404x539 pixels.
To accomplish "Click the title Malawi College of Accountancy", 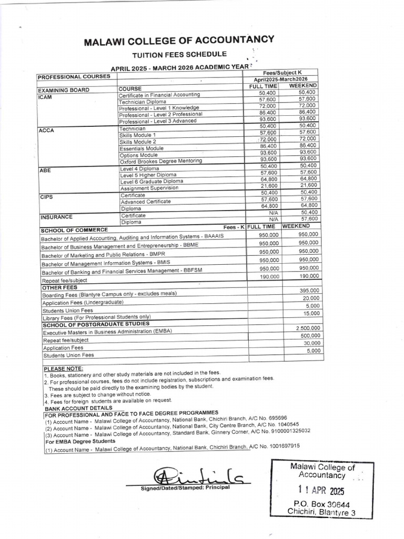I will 179,41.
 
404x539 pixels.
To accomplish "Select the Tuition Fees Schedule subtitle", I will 179,55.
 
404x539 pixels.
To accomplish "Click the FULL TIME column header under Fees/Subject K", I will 262,86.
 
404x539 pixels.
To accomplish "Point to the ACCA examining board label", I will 47,130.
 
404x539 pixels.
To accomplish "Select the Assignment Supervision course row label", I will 149,188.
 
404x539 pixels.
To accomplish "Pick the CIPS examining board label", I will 47,197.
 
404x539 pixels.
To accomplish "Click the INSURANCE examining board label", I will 56,217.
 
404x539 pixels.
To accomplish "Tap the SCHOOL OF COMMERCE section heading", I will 74,229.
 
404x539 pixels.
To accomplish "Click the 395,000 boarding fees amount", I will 309,291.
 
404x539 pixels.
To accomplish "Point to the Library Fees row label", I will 96,317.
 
